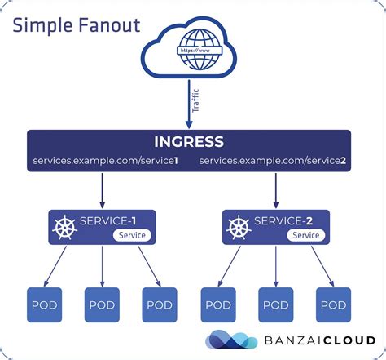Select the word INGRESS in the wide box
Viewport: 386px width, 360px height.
tap(189, 142)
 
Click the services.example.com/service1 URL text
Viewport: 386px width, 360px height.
tap(105, 160)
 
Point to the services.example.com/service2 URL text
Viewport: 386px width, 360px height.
tap(273, 160)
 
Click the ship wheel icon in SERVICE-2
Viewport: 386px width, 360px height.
tap(238, 227)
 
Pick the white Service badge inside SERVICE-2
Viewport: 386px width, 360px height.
tap(305, 235)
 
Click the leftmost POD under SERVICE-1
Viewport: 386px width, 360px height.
tap(44, 304)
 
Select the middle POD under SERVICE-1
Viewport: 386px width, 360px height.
tap(102, 304)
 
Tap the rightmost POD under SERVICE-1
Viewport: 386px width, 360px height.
tap(160, 304)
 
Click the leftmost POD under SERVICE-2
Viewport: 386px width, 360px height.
tap(218, 304)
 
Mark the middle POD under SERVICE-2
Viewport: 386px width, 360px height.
tap(276, 304)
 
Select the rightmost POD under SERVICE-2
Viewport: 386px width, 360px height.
tap(334, 304)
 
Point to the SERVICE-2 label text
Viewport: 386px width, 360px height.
tap(284, 220)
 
